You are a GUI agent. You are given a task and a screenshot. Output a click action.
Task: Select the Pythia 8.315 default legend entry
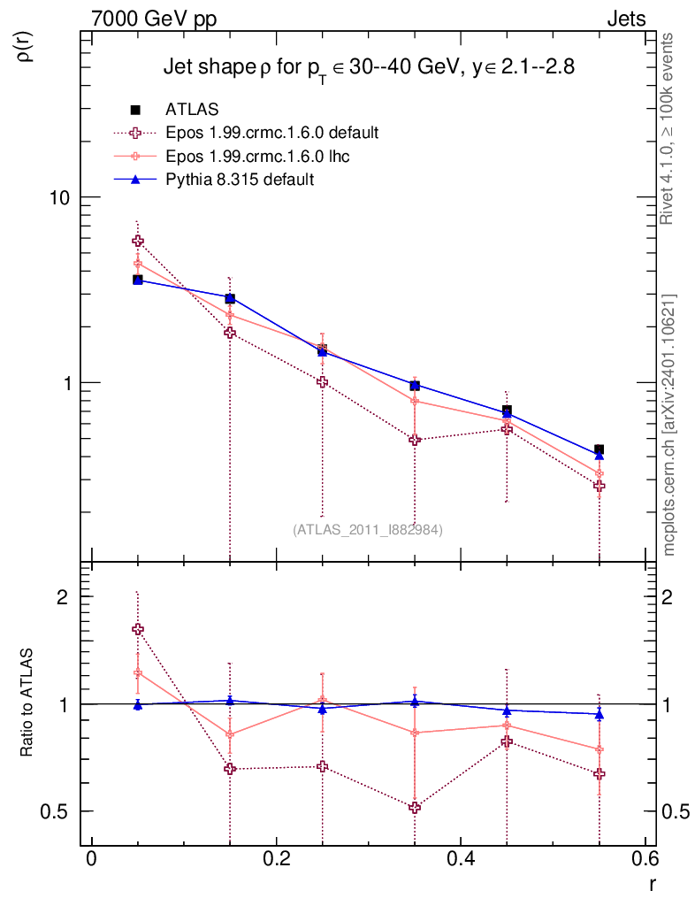pos(240,180)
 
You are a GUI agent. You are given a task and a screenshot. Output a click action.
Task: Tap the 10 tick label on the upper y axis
pos(61,197)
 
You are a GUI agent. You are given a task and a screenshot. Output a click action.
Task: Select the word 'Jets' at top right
pos(625,19)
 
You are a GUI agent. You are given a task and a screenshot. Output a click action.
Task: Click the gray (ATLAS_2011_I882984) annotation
pos(367,529)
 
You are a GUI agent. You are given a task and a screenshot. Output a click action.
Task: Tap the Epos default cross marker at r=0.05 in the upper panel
pos(138,241)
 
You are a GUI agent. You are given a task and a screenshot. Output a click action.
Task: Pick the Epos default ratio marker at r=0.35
pos(415,807)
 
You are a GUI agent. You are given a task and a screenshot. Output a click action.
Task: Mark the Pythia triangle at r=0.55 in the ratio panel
pos(600,714)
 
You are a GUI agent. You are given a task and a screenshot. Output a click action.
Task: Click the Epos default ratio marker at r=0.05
pos(138,629)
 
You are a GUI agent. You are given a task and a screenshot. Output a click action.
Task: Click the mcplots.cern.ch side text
pos(669,425)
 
